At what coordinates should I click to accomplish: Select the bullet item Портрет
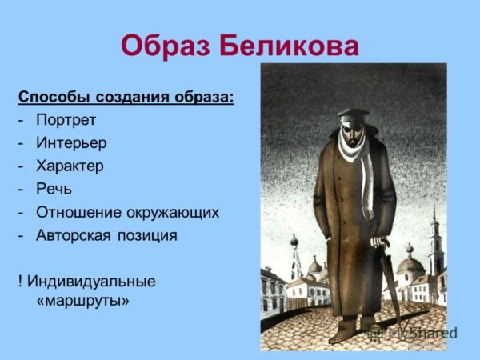66,121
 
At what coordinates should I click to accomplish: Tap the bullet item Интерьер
71,144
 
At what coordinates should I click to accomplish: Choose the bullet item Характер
70,166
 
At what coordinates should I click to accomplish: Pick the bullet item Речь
54,190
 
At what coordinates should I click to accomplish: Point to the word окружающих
171,213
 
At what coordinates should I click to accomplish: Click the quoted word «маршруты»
82,302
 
